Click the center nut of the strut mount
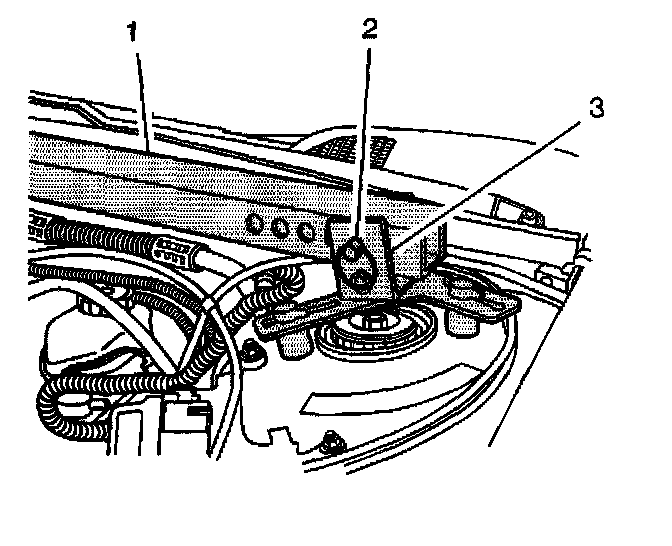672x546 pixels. tap(375, 322)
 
